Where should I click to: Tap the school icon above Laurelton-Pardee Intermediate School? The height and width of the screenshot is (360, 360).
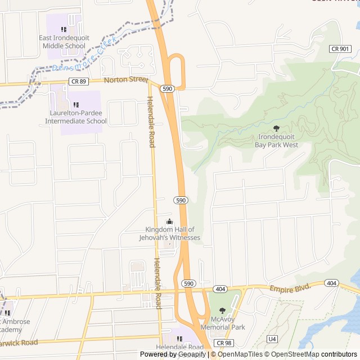(x=76, y=105)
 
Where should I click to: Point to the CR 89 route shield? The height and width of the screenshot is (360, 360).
(x=78, y=82)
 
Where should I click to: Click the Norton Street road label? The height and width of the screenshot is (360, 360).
(x=127, y=80)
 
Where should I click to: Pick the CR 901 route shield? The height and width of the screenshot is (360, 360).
(x=340, y=49)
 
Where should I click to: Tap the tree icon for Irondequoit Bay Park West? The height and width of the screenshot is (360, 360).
(x=276, y=129)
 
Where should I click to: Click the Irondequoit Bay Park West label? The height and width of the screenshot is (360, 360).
(x=278, y=141)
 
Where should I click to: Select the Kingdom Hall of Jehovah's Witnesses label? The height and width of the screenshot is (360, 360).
(x=169, y=233)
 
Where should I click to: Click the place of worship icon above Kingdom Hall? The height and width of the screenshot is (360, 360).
(x=169, y=222)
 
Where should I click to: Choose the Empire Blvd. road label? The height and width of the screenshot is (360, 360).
(x=290, y=287)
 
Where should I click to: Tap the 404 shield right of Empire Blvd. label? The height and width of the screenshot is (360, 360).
(x=331, y=283)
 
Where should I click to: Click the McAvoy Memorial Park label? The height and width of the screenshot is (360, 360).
(x=223, y=323)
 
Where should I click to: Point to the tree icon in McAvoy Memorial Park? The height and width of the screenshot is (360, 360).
(x=222, y=310)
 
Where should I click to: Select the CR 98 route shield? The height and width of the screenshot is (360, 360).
(x=224, y=343)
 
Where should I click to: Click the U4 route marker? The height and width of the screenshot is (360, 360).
(x=272, y=339)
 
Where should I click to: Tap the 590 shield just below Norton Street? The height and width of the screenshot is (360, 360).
(x=166, y=89)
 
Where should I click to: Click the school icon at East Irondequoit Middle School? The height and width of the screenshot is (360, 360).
(x=64, y=29)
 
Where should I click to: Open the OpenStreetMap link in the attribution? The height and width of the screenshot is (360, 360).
(x=292, y=354)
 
